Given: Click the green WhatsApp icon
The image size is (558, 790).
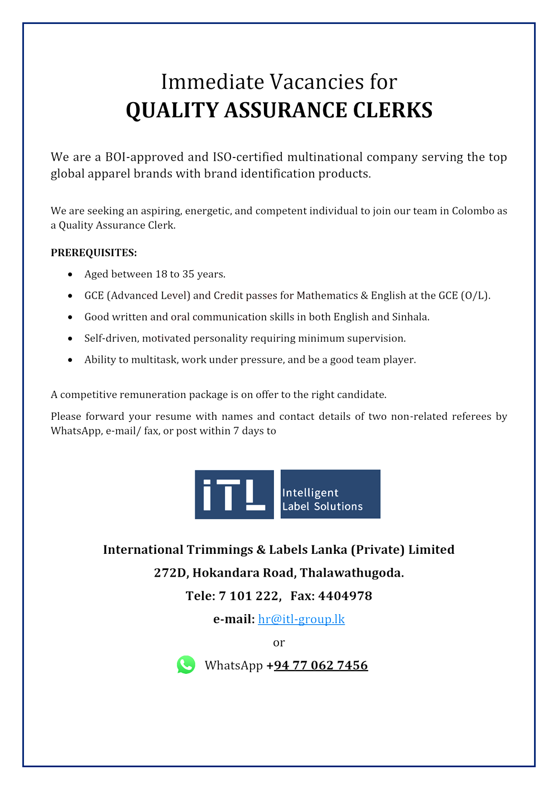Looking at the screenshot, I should point(186,664).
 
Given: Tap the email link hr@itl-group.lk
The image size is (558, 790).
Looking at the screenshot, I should point(301,619).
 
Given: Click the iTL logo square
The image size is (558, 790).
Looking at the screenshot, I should point(234,494).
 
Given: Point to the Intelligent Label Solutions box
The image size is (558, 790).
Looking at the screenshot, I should point(330,494).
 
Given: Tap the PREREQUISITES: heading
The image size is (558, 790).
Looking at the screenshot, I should point(94,253).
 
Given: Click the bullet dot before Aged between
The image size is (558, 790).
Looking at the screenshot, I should point(70,275).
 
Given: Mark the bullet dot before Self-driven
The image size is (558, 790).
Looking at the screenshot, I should point(70,339).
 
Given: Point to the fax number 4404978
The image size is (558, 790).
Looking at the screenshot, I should point(345,596).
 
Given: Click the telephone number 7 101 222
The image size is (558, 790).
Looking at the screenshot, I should point(248,596).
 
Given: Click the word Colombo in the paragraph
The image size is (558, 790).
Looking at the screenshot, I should point(473,211).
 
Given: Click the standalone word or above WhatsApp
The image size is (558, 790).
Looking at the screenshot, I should point(279,643).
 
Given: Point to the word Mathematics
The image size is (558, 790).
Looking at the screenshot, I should point(327,296).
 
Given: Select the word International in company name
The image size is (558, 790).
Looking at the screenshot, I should point(143,550).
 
